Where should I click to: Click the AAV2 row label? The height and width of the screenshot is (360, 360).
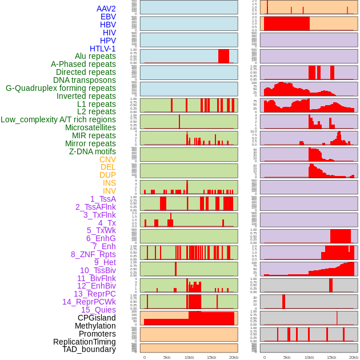[x=106, y=9]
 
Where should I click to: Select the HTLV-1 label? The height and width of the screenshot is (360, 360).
[x=103, y=49]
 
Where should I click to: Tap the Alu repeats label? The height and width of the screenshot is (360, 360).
[x=95, y=56]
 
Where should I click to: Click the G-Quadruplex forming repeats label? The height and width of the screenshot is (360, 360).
[x=61, y=88]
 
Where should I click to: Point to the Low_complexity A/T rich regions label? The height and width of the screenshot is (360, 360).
[x=58, y=119]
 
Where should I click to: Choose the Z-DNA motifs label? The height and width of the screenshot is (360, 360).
[x=93, y=151]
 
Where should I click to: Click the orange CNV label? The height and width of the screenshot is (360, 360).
[x=107, y=159]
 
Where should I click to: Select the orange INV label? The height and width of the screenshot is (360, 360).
[x=109, y=191]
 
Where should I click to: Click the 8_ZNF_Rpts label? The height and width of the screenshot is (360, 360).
[x=93, y=254]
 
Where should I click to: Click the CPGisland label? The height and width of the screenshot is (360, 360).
[x=97, y=318]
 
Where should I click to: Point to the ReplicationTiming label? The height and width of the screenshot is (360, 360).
[x=85, y=342]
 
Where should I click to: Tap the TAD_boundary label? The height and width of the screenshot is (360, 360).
[x=89, y=349]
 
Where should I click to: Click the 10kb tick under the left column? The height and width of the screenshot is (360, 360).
[x=189, y=357]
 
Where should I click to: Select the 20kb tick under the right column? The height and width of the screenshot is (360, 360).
[x=354, y=357]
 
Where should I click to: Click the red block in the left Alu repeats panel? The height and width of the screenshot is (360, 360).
[x=223, y=56]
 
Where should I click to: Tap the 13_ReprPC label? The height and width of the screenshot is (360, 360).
[x=95, y=294]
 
